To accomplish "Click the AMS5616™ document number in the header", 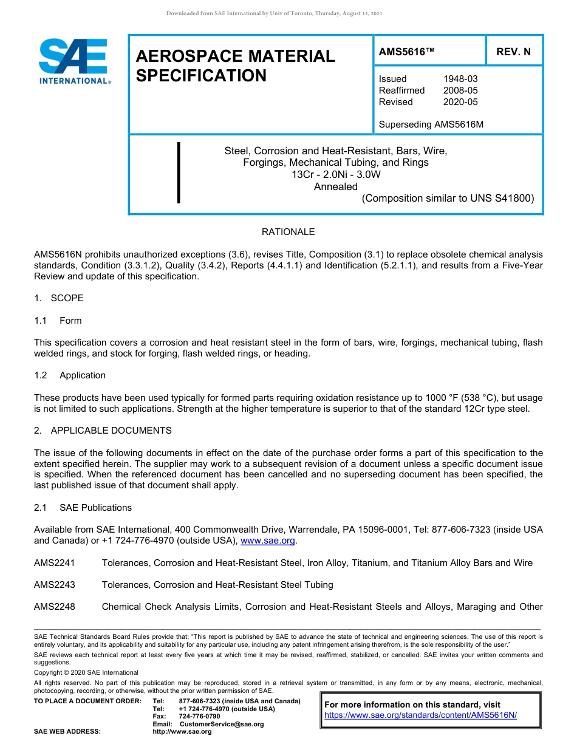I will click(406, 52).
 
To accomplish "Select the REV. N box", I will click(513, 52).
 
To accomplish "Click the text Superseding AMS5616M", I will click(431, 124).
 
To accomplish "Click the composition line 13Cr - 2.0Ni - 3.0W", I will click(335, 174).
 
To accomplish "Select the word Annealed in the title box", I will click(335, 186).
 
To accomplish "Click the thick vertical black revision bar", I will click(179, 172).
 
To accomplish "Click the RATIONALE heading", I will click(288, 232).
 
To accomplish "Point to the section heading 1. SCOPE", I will click(59, 298).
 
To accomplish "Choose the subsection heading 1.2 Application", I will click(70, 375).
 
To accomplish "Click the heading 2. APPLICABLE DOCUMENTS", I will click(103, 431).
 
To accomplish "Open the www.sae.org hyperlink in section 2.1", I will click(268, 541).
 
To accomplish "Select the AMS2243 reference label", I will click(55, 585).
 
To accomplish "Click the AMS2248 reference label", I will click(55, 607).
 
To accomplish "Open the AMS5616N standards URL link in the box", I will click(420, 715).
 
